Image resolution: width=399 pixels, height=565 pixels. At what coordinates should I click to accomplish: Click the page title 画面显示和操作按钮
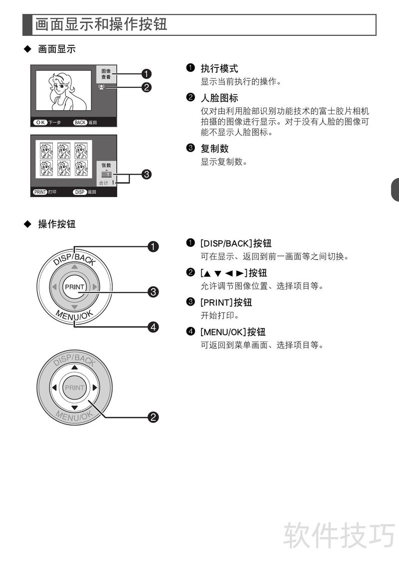(101, 24)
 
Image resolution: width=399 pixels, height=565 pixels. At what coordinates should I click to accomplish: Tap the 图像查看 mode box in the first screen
(106, 74)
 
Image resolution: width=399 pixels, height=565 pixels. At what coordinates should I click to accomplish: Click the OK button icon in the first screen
(40, 123)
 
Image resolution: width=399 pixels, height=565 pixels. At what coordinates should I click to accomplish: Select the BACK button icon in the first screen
(80, 123)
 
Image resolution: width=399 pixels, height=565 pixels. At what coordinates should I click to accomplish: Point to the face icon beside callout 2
(101, 87)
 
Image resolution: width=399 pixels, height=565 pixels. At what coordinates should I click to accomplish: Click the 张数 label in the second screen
(106, 165)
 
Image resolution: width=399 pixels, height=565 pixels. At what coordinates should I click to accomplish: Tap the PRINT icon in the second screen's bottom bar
(40, 192)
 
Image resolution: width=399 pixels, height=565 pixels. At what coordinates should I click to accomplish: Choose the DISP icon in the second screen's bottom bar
(80, 192)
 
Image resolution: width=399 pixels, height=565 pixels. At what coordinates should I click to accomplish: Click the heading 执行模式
(219, 68)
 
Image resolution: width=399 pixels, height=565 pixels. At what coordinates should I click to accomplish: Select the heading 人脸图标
(219, 98)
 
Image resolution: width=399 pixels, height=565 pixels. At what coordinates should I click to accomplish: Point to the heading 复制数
(214, 149)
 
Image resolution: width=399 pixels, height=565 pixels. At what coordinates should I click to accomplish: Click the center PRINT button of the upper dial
(75, 287)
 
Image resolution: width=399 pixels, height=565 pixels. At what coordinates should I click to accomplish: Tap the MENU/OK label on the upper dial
(74, 315)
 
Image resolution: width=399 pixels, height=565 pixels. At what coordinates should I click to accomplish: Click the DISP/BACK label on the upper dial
(75, 258)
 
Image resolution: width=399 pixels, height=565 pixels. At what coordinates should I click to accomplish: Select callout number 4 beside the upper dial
(153, 327)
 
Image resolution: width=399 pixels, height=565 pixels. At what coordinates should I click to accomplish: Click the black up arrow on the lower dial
(74, 368)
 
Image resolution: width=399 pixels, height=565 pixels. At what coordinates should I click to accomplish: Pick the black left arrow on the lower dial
(54, 387)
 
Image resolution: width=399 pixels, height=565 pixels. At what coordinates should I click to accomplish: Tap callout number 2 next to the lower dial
(153, 417)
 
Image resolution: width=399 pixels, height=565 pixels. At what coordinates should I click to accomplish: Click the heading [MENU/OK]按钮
(233, 332)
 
